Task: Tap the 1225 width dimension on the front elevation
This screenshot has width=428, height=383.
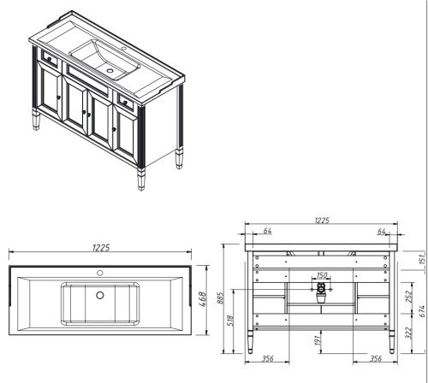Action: click(321, 221)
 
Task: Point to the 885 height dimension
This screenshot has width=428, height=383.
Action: click(221, 298)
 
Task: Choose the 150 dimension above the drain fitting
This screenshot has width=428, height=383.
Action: click(322, 275)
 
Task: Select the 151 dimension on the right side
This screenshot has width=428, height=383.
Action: click(421, 259)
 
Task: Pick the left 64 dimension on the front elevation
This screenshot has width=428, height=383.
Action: click(267, 231)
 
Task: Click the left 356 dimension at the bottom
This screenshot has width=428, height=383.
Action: click(267, 360)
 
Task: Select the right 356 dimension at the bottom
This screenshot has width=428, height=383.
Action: click(375, 360)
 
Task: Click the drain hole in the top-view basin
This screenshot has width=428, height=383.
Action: click(100, 295)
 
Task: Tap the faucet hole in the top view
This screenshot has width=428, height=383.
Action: click(100, 274)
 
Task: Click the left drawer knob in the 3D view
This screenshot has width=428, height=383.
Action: click(45, 61)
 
